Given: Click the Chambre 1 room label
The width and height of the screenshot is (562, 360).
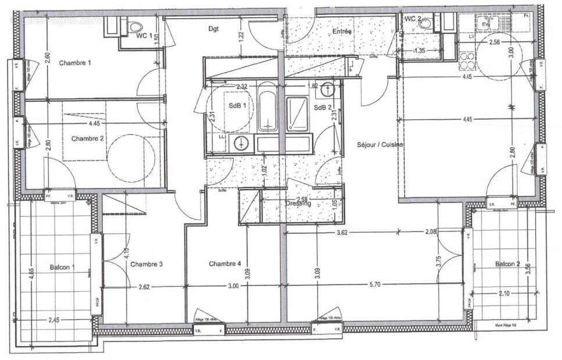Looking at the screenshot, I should point(75,63).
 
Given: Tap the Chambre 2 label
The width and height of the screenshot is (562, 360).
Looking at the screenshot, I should point(88,138).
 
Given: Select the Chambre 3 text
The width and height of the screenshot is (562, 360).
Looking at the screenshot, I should point(146,265).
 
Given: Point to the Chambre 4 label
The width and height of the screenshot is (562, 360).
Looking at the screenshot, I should point(224,264).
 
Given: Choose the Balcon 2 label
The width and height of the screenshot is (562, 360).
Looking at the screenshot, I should point(507,265).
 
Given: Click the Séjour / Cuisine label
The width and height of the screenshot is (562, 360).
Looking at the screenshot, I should point(381,144).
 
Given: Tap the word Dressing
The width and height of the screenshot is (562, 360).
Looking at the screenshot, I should point(298,204).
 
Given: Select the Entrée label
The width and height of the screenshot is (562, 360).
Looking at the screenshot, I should point(342,32).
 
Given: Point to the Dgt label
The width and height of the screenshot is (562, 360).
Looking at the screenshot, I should point(213,28).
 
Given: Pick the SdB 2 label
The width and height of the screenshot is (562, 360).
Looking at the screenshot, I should point(323,108).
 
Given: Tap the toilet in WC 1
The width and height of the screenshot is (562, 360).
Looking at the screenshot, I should point(135,26).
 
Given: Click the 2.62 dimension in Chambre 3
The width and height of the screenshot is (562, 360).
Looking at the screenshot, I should point(145,287).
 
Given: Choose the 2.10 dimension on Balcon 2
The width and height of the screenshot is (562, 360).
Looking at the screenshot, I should point(504,294).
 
